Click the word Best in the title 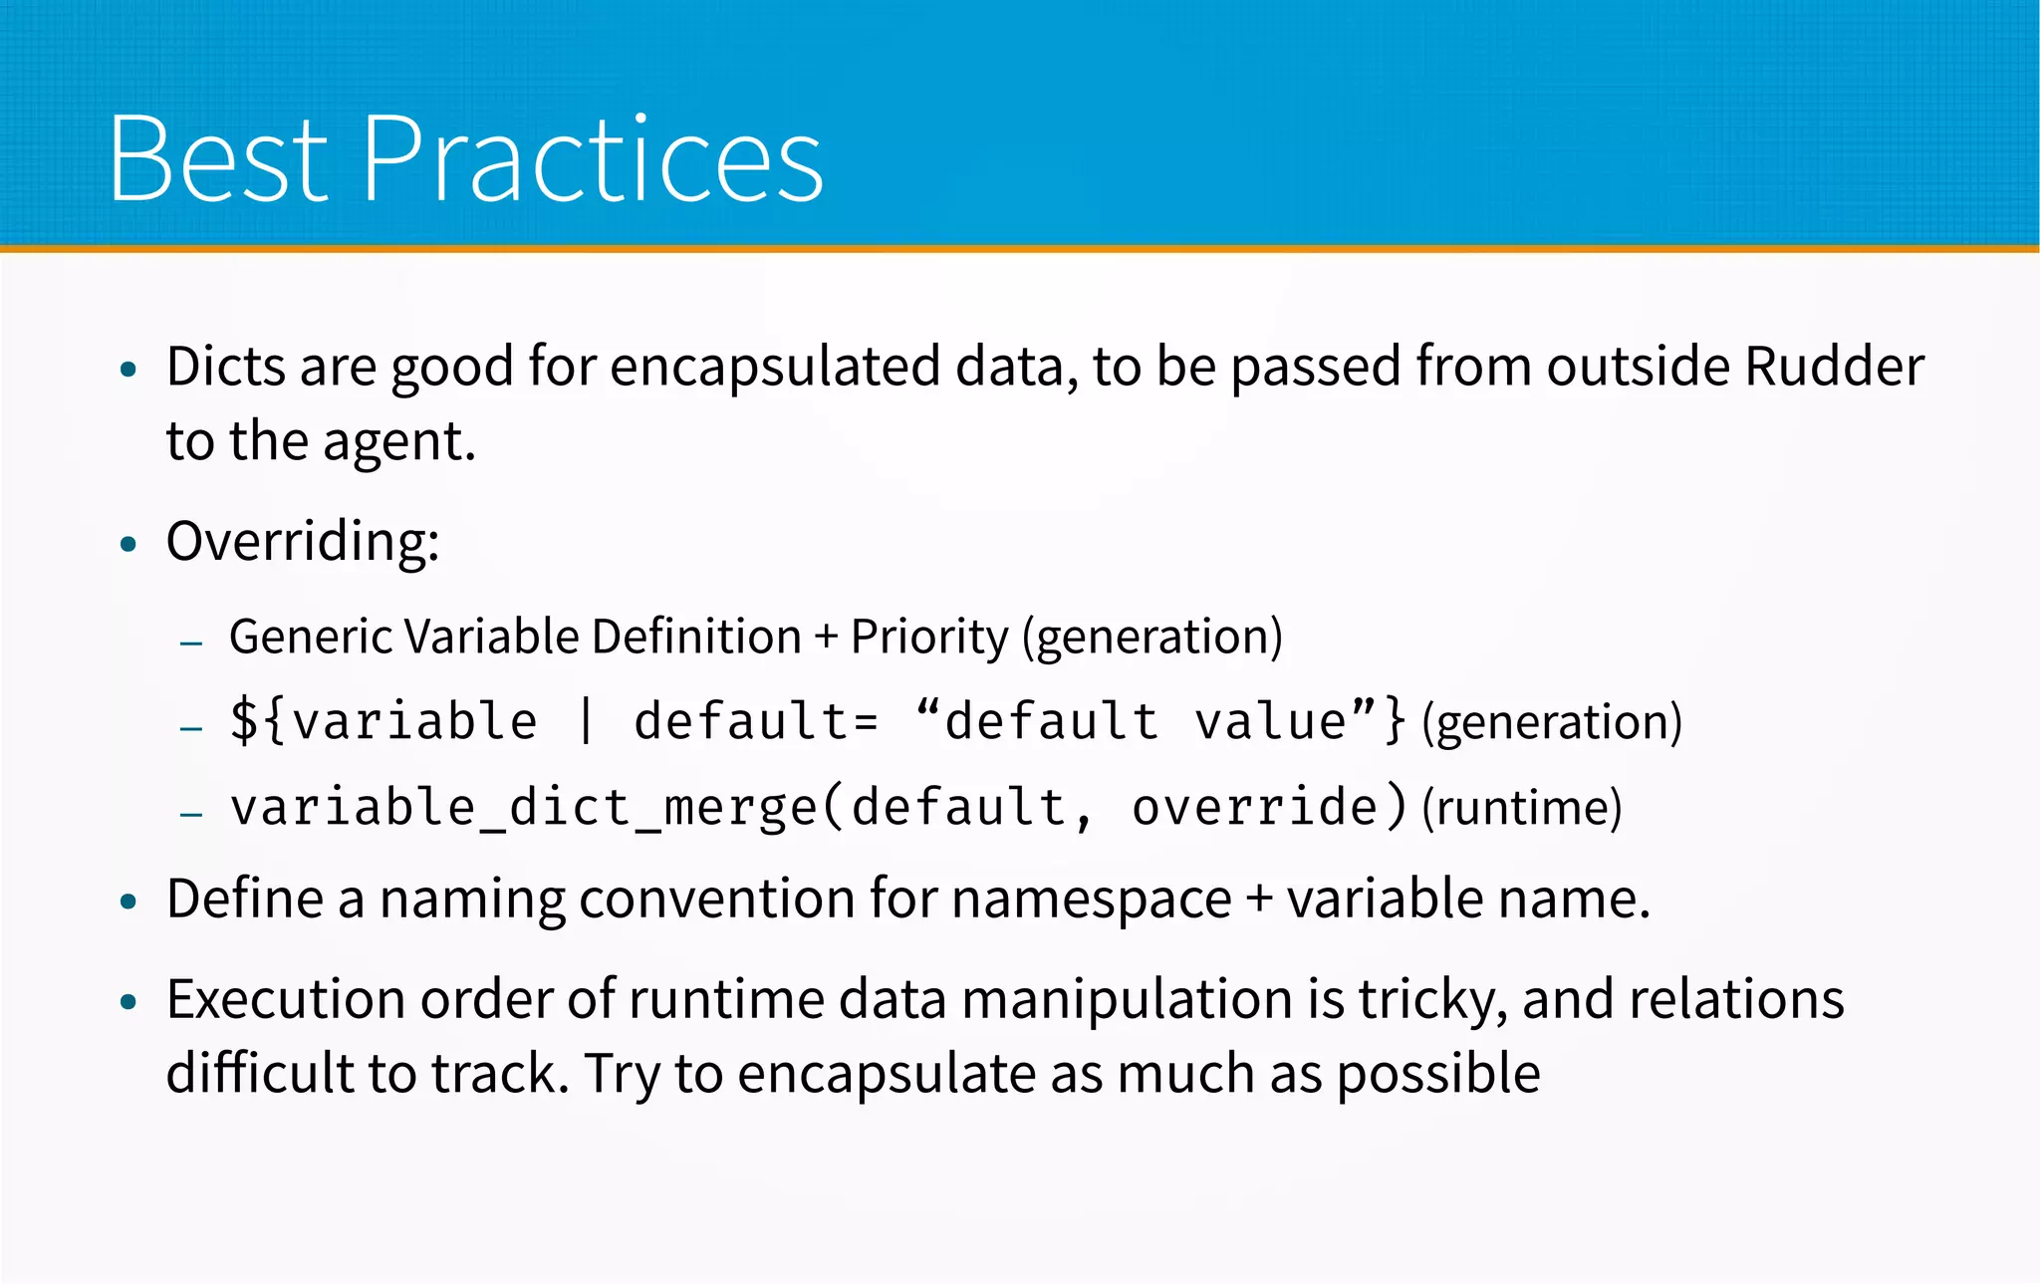[x=218, y=159]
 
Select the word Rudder [x=1834, y=367]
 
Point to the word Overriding [x=302, y=542]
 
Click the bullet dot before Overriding [x=127, y=545]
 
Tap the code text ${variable [x=383, y=721]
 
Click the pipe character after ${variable [x=586, y=721]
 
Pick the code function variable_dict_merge [x=524, y=807]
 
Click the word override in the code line [x=1255, y=807]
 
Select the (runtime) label [x=1521, y=808]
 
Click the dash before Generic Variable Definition [x=191, y=643]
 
